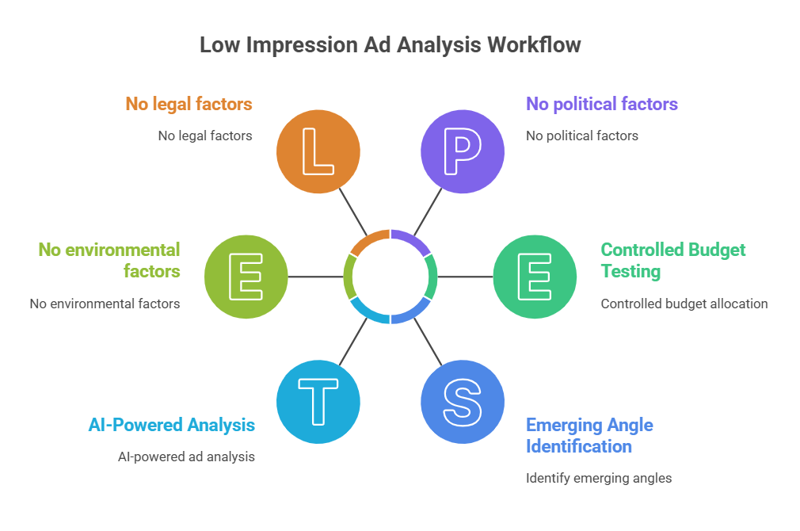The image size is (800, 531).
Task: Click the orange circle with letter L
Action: click(x=318, y=151)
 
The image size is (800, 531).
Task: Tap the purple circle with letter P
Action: click(x=463, y=151)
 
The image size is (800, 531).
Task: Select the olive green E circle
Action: click(x=246, y=277)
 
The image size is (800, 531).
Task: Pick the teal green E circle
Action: click(x=535, y=277)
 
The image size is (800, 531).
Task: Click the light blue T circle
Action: click(x=318, y=402)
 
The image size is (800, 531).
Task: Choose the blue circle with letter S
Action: click(x=463, y=402)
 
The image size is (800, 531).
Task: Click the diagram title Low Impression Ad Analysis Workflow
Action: click(x=390, y=45)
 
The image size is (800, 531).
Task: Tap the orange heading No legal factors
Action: click(x=189, y=104)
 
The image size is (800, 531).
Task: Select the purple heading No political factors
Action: click(x=602, y=104)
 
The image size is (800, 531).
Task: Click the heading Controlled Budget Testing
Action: click(x=672, y=260)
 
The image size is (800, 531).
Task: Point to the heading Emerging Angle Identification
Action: click(x=589, y=435)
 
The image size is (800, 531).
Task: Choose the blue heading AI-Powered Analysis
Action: click(x=172, y=425)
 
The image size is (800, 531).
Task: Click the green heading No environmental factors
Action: click(x=109, y=260)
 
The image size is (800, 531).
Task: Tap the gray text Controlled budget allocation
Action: click(x=684, y=304)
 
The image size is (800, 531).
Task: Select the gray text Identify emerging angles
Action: click(x=599, y=478)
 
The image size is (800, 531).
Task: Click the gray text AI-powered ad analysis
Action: click(x=186, y=457)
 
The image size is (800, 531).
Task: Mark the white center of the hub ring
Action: click(x=390, y=277)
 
